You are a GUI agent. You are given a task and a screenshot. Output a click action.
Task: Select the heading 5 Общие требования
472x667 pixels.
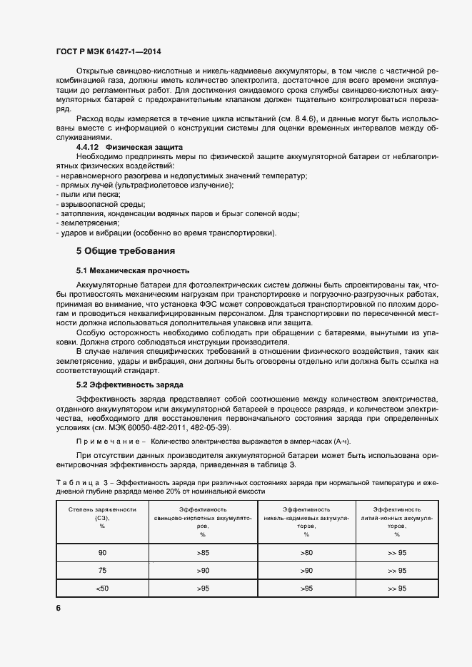tap(125, 251)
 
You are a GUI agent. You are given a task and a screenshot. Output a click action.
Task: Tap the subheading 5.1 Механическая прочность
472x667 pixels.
tap(132, 271)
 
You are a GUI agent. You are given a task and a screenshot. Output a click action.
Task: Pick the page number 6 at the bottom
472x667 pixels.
tap(59, 608)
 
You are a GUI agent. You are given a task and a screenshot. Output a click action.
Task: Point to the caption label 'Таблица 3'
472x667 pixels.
tap(84, 483)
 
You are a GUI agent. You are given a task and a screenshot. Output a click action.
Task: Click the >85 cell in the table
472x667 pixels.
tap(203, 553)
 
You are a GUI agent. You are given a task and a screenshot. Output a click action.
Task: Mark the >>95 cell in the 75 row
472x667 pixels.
tap(397, 571)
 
